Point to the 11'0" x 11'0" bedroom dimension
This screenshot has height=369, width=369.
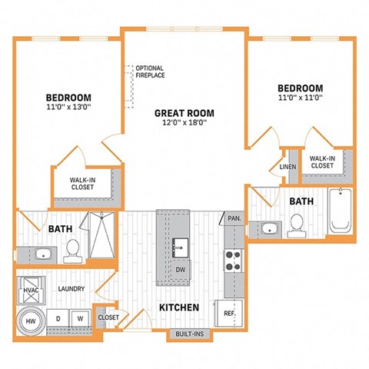coord(300,98)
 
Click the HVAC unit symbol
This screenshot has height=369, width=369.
coord(28,292)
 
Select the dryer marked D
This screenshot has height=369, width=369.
coord(58,317)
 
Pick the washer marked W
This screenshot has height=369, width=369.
coord(79,317)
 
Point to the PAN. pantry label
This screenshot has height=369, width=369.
coord(234,219)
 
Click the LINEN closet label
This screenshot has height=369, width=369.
coord(288,166)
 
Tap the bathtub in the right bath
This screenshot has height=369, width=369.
coord(339,210)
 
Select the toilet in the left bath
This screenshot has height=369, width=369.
coord(72,248)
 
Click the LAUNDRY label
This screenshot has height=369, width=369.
coord(70,289)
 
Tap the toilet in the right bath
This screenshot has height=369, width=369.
coord(297,224)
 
